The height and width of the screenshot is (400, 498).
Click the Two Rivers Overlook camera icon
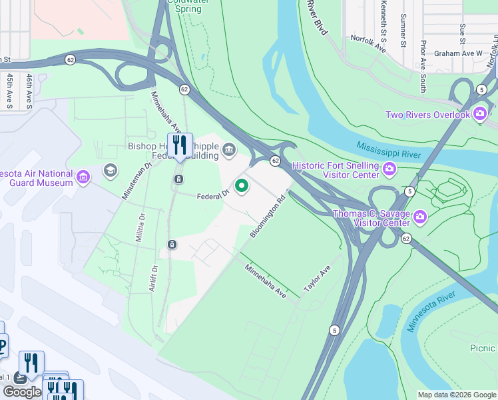[x=480, y=115]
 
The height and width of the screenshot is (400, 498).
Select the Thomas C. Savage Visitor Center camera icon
[x=420, y=217]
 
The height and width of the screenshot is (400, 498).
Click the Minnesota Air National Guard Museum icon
[x=83, y=177]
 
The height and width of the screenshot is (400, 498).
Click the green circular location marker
[x=241, y=186]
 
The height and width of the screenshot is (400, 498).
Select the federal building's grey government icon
[x=229, y=149]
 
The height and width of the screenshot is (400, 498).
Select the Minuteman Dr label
[x=133, y=181]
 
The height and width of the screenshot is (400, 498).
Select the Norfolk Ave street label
[x=369, y=44]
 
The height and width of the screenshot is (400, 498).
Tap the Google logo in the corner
[x=22, y=392]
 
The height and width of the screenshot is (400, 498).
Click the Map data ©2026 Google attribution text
[x=457, y=395]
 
